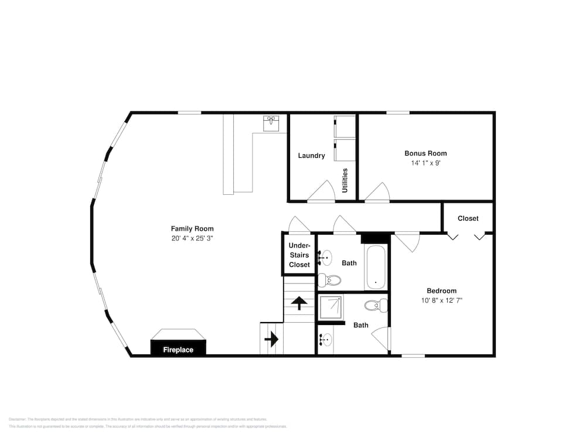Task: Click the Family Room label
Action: (192, 229)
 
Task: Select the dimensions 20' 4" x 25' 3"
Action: (192, 239)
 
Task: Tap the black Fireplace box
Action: (178, 350)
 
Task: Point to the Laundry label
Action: (311, 155)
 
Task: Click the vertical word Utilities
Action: (345, 181)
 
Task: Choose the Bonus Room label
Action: (425, 153)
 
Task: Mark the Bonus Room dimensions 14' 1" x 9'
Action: (425, 163)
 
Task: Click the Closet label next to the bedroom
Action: (468, 218)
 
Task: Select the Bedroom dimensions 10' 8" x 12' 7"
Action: (441, 300)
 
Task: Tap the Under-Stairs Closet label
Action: (299, 255)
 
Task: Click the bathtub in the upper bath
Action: (376, 267)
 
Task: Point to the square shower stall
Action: (331, 307)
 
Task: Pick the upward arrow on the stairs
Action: (299, 303)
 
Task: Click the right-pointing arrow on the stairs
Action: (271, 339)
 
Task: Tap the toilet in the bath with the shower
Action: (374, 305)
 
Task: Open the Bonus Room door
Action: (378, 192)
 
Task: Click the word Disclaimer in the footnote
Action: (17, 419)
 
